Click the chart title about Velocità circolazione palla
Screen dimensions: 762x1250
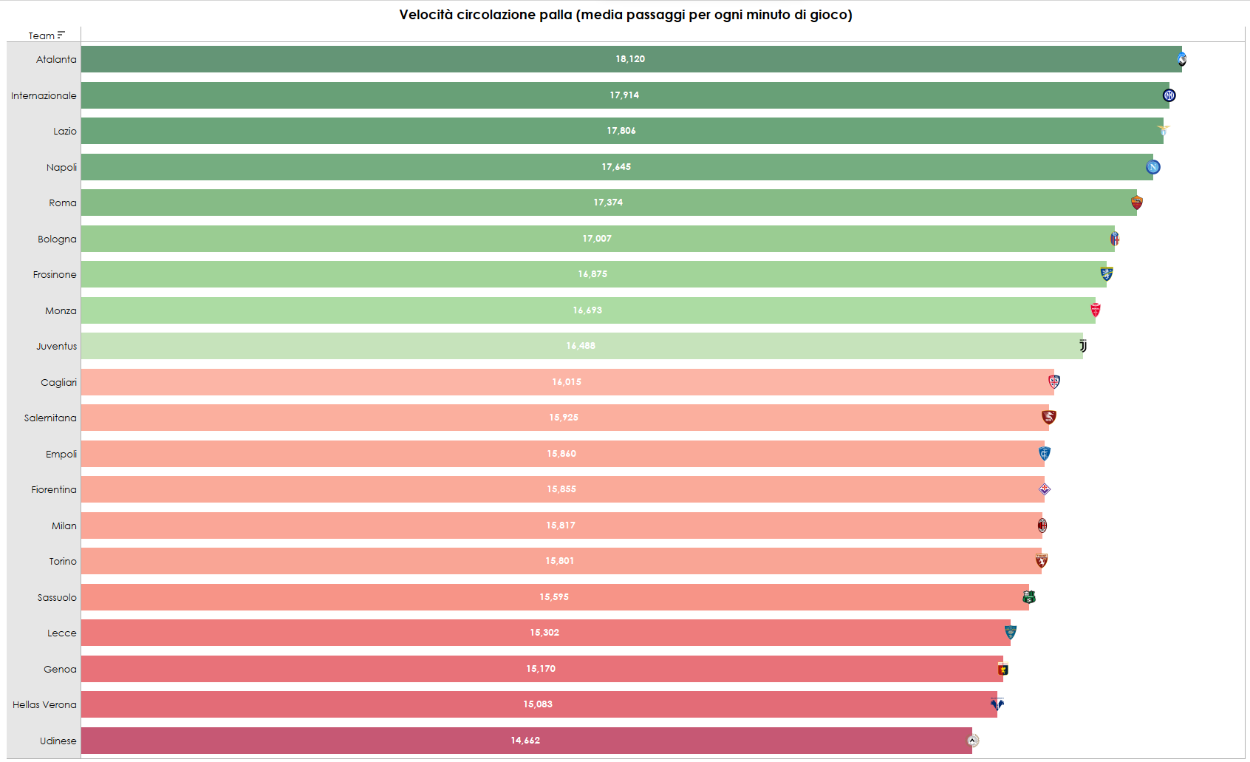pos(625,15)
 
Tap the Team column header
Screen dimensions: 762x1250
pos(41,35)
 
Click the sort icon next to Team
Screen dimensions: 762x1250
pos(61,35)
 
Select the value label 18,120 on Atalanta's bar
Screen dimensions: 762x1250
pos(630,59)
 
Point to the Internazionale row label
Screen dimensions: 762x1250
pos(44,95)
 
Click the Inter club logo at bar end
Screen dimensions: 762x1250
pos(1169,95)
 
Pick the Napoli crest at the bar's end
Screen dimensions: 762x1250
pos(1152,167)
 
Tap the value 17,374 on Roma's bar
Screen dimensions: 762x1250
pos(608,203)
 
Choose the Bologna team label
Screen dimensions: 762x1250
pos(57,239)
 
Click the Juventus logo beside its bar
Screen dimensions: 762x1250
pos(1083,346)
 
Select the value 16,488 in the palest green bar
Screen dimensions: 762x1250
pos(581,346)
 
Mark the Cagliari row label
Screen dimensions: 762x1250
pos(58,382)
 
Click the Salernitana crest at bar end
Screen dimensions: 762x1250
pos(1048,418)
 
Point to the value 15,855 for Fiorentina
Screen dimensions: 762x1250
pos(561,489)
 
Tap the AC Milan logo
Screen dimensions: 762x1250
pos(1042,525)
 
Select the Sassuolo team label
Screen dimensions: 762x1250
pos(57,597)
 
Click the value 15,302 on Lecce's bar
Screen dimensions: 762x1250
pos(544,633)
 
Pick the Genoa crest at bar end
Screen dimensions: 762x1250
pos(1003,669)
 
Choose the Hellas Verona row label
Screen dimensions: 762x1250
pos(44,704)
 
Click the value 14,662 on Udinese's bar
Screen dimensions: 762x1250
pos(525,741)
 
